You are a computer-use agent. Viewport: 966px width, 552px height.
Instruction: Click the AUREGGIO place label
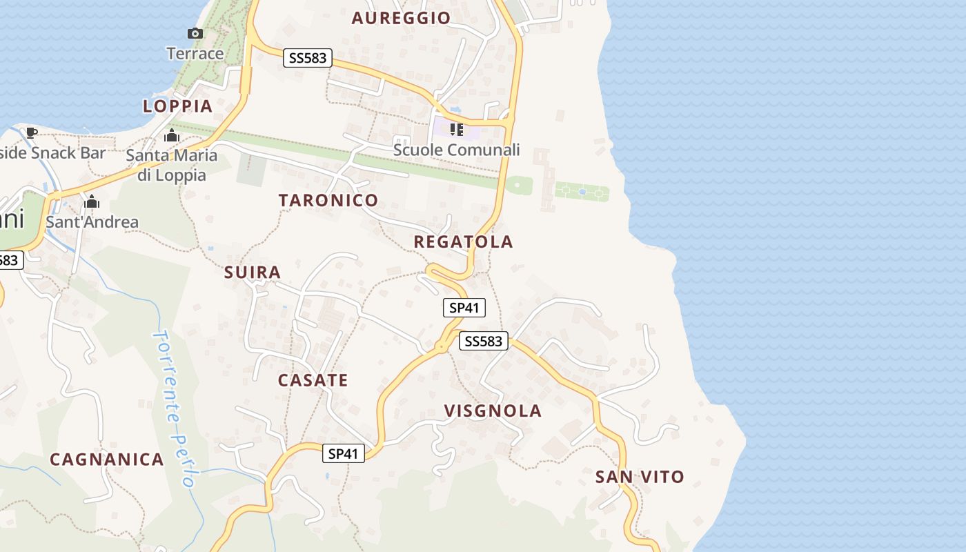[x=401, y=18]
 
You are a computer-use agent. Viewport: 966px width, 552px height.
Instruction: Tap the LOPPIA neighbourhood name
[x=177, y=106]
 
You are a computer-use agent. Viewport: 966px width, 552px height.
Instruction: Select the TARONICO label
[x=328, y=200]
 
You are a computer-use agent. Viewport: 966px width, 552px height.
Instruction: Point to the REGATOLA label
[x=463, y=241]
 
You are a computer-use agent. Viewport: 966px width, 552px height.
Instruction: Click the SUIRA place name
[x=253, y=273]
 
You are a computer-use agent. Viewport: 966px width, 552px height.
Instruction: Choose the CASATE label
[x=313, y=380]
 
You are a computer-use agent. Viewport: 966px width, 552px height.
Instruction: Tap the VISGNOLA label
[x=493, y=411]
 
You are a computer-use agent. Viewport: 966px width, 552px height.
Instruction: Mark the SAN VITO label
[x=640, y=477]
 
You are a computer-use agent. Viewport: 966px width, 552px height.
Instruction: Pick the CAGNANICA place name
[x=107, y=460]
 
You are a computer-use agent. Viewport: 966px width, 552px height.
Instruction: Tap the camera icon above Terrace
[x=195, y=33]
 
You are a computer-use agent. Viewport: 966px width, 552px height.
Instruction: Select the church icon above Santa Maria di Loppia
[x=172, y=135]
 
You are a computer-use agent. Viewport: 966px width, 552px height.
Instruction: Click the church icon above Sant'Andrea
[x=92, y=202]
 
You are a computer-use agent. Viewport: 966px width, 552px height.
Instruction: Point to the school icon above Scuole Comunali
[x=456, y=129]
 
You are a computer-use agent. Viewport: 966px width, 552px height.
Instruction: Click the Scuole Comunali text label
[x=456, y=150]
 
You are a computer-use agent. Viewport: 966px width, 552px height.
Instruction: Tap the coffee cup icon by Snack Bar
[x=31, y=132]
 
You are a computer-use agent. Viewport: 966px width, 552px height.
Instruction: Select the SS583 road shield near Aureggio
[x=308, y=58]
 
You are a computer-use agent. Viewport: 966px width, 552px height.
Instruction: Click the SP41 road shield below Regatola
[x=464, y=308]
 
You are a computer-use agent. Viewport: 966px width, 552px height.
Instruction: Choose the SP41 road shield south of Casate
[x=343, y=453]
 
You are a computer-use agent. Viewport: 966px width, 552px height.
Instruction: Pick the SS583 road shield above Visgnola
[x=483, y=341]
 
